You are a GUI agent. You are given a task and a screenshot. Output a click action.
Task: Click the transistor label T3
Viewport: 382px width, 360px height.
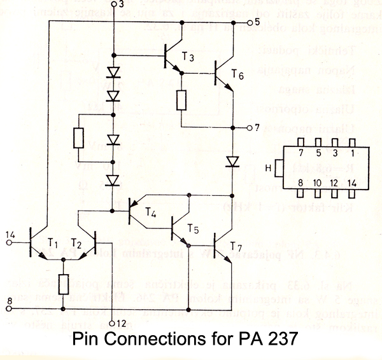(x=188, y=56)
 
